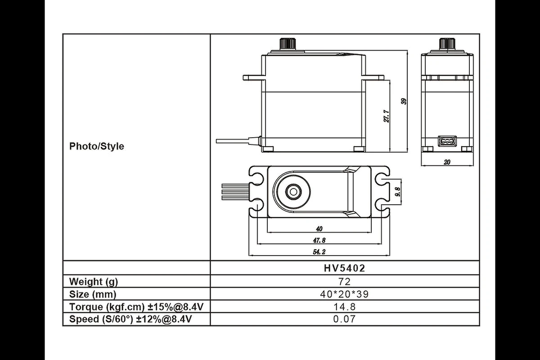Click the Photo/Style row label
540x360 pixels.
(97, 146)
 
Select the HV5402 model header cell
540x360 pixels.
(344, 268)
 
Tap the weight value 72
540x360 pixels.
(344, 282)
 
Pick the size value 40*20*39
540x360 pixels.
(344, 294)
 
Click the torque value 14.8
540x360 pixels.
(344, 307)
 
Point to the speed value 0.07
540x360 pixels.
(344, 319)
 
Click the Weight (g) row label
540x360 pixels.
(94, 282)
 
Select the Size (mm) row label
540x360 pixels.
(93, 294)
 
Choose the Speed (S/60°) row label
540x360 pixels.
(130, 319)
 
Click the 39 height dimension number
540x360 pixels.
(404, 101)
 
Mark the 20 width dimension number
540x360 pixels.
(447, 162)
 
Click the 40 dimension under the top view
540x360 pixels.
(319, 229)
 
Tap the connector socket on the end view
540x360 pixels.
(447, 141)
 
